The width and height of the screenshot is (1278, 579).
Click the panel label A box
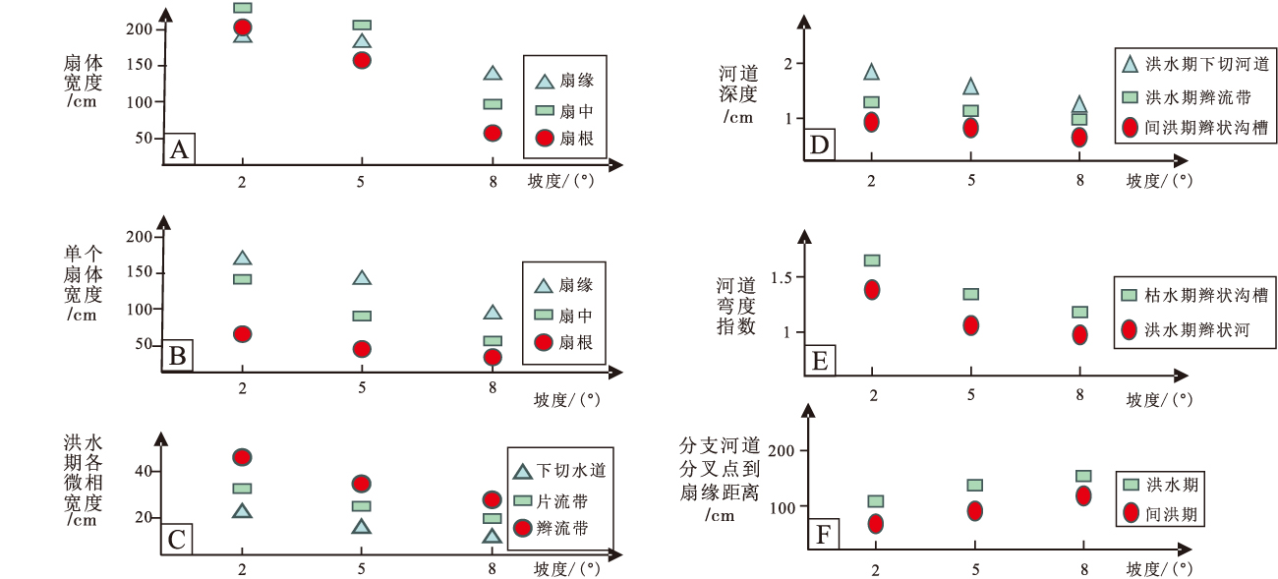(179, 149)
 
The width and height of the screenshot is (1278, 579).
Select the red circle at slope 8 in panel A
(493, 133)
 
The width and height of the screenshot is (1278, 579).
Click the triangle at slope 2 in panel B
(242, 259)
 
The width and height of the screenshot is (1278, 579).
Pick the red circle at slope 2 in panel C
(242, 457)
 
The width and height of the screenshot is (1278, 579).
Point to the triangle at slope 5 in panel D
(970, 87)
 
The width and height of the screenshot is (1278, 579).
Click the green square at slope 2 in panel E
(872, 261)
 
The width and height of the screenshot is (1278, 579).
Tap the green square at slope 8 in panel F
(1083, 476)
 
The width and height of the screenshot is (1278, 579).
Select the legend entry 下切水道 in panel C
(559, 470)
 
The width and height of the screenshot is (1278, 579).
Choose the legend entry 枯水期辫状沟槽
(1193, 295)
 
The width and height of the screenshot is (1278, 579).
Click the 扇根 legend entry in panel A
(564, 139)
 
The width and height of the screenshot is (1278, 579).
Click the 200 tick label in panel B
(140, 237)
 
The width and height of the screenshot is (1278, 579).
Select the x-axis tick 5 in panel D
(971, 180)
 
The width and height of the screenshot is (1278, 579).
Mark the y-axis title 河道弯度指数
(736, 306)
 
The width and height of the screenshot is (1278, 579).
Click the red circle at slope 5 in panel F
(974, 511)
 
